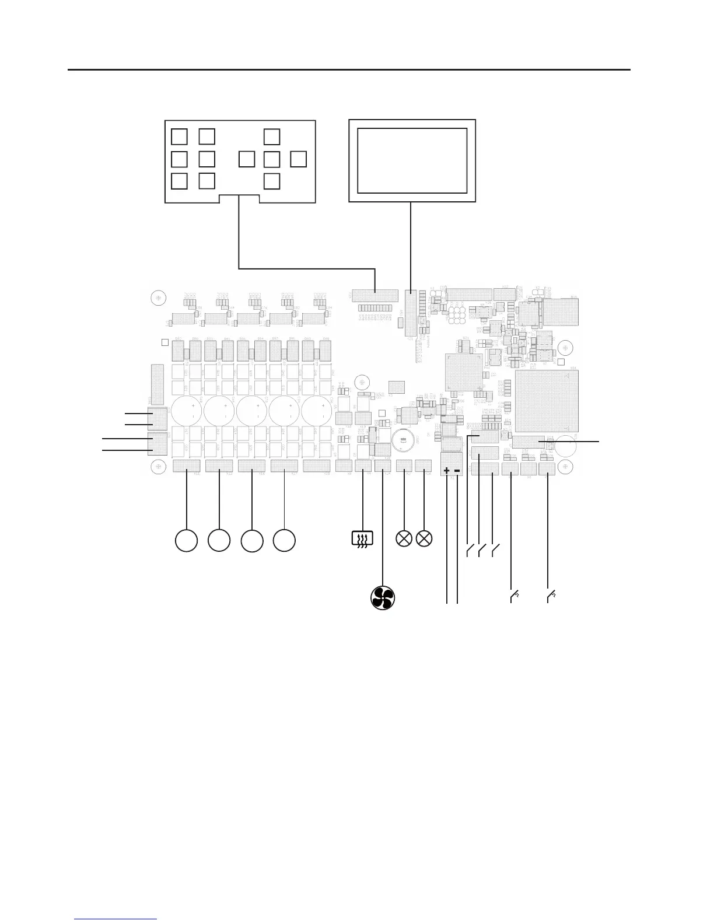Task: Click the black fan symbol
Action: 383,598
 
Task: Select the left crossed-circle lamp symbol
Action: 404,539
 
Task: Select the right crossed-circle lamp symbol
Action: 425,539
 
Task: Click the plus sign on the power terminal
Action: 447,471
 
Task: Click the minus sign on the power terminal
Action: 457,471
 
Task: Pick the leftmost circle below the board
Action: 186,541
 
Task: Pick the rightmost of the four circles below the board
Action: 284,541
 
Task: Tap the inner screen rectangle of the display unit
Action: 412,160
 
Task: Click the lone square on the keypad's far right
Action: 298,159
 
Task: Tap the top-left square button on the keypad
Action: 180,136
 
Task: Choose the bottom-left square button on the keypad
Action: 180,181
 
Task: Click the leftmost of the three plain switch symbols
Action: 469,549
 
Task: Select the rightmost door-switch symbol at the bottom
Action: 549,596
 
